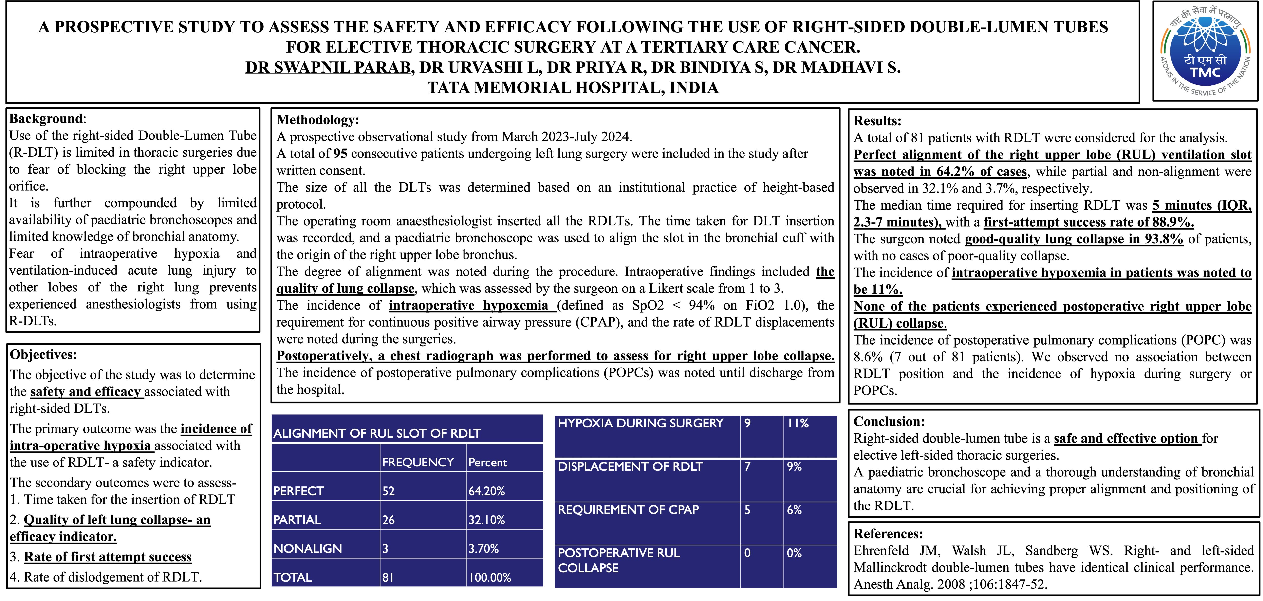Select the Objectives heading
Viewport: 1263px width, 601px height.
(x=43, y=355)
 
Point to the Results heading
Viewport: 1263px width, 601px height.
(x=877, y=121)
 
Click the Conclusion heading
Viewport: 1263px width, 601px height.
(x=889, y=421)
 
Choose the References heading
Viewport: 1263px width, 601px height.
(x=888, y=534)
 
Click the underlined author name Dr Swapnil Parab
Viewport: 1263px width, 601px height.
(x=328, y=67)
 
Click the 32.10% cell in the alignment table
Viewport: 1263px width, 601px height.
(x=486, y=520)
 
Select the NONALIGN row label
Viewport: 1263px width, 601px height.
(x=307, y=548)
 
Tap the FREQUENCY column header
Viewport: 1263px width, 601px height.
(x=418, y=462)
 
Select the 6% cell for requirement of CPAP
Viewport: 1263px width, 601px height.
(x=794, y=510)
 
